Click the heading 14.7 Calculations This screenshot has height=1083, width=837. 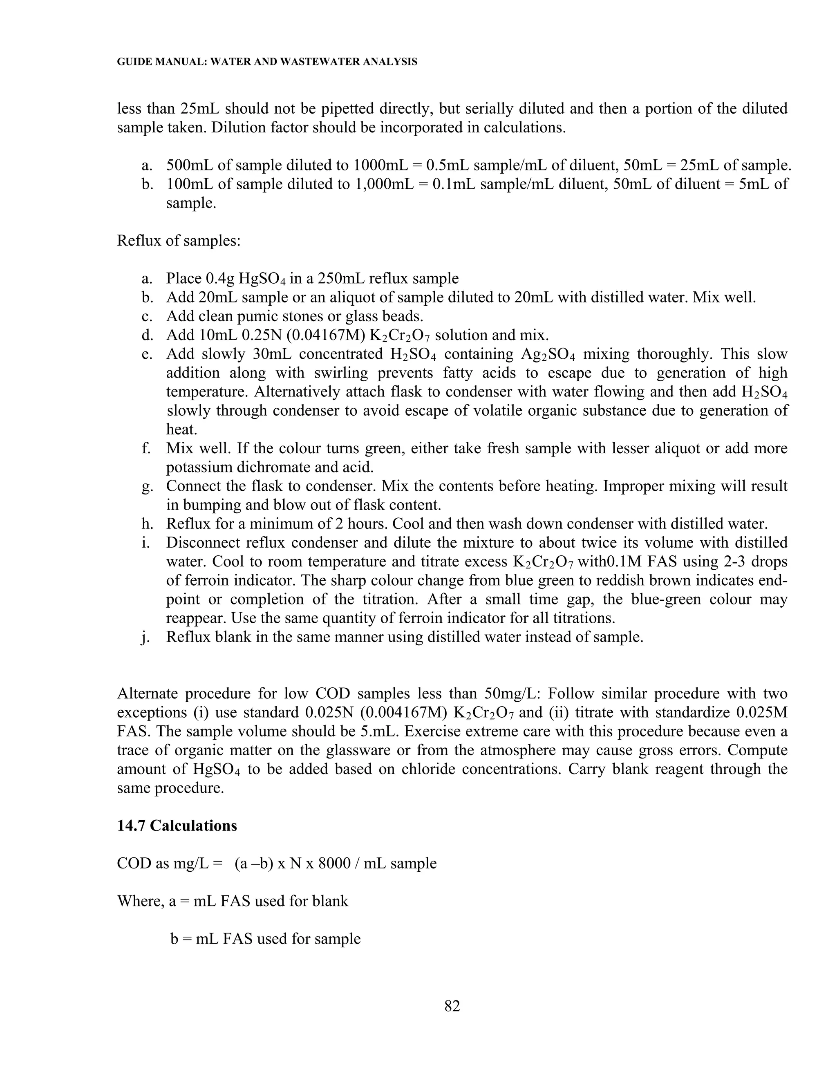[177, 826]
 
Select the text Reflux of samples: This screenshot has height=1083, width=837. [179, 240]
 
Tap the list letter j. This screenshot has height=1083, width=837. [145, 637]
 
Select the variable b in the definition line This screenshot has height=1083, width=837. [174, 939]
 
